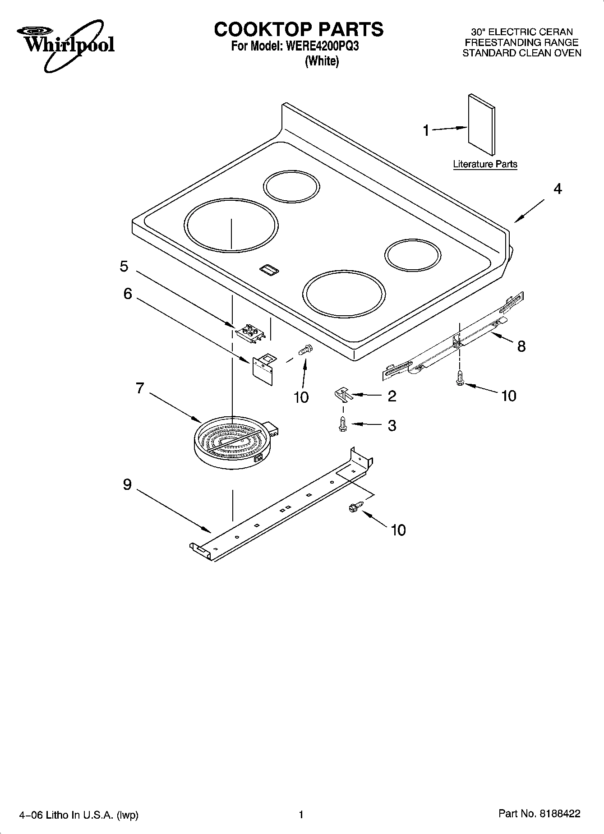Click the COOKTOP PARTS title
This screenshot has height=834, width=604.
[299, 29]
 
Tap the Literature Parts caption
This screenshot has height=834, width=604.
[485, 164]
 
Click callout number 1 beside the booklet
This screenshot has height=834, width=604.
[426, 130]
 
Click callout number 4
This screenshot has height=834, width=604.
[558, 189]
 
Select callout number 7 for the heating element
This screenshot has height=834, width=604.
[140, 388]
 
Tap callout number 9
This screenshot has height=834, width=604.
[127, 484]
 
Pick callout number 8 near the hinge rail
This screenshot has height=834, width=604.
[521, 346]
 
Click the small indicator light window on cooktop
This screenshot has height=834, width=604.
[269, 269]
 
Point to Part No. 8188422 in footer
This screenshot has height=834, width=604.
[539, 813]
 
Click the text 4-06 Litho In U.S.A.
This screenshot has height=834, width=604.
[78, 815]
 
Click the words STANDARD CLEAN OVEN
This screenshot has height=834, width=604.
[521, 53]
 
